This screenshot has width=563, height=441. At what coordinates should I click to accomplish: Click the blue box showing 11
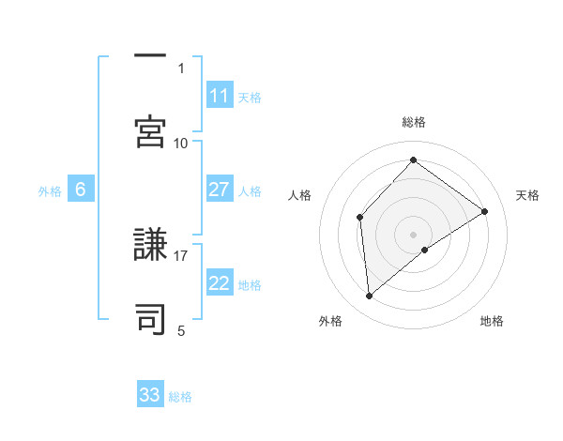click(x=220, y=96)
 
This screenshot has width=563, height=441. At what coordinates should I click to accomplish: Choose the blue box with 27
click(x=220, y=190)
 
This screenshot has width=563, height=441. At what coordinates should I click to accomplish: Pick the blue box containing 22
click(x=220, y=283)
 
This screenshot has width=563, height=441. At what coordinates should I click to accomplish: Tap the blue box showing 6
click(x=81, y=190)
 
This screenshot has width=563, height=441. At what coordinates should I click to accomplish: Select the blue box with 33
click(x=150, y=395)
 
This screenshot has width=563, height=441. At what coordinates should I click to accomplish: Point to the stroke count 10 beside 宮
click(x=181, y=143)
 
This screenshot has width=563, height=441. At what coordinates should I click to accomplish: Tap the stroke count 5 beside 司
click(x=181, y=330)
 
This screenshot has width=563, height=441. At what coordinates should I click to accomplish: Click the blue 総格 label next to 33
click(x=180, y=397)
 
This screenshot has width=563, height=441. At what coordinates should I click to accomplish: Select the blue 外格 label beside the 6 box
click(x=50, y=191)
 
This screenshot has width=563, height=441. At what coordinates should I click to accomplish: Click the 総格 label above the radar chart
click(x=413, y=122)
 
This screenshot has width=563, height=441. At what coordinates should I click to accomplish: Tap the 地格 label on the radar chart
click(x=492, y=322)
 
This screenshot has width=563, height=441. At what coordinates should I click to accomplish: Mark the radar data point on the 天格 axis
click(x=485, y=211)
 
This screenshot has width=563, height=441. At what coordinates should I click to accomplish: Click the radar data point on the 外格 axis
click(x=370, y=297)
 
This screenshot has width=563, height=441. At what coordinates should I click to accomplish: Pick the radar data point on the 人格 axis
click(x=359, y=218)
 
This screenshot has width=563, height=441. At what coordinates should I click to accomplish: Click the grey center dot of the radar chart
click(x=413, y=234)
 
